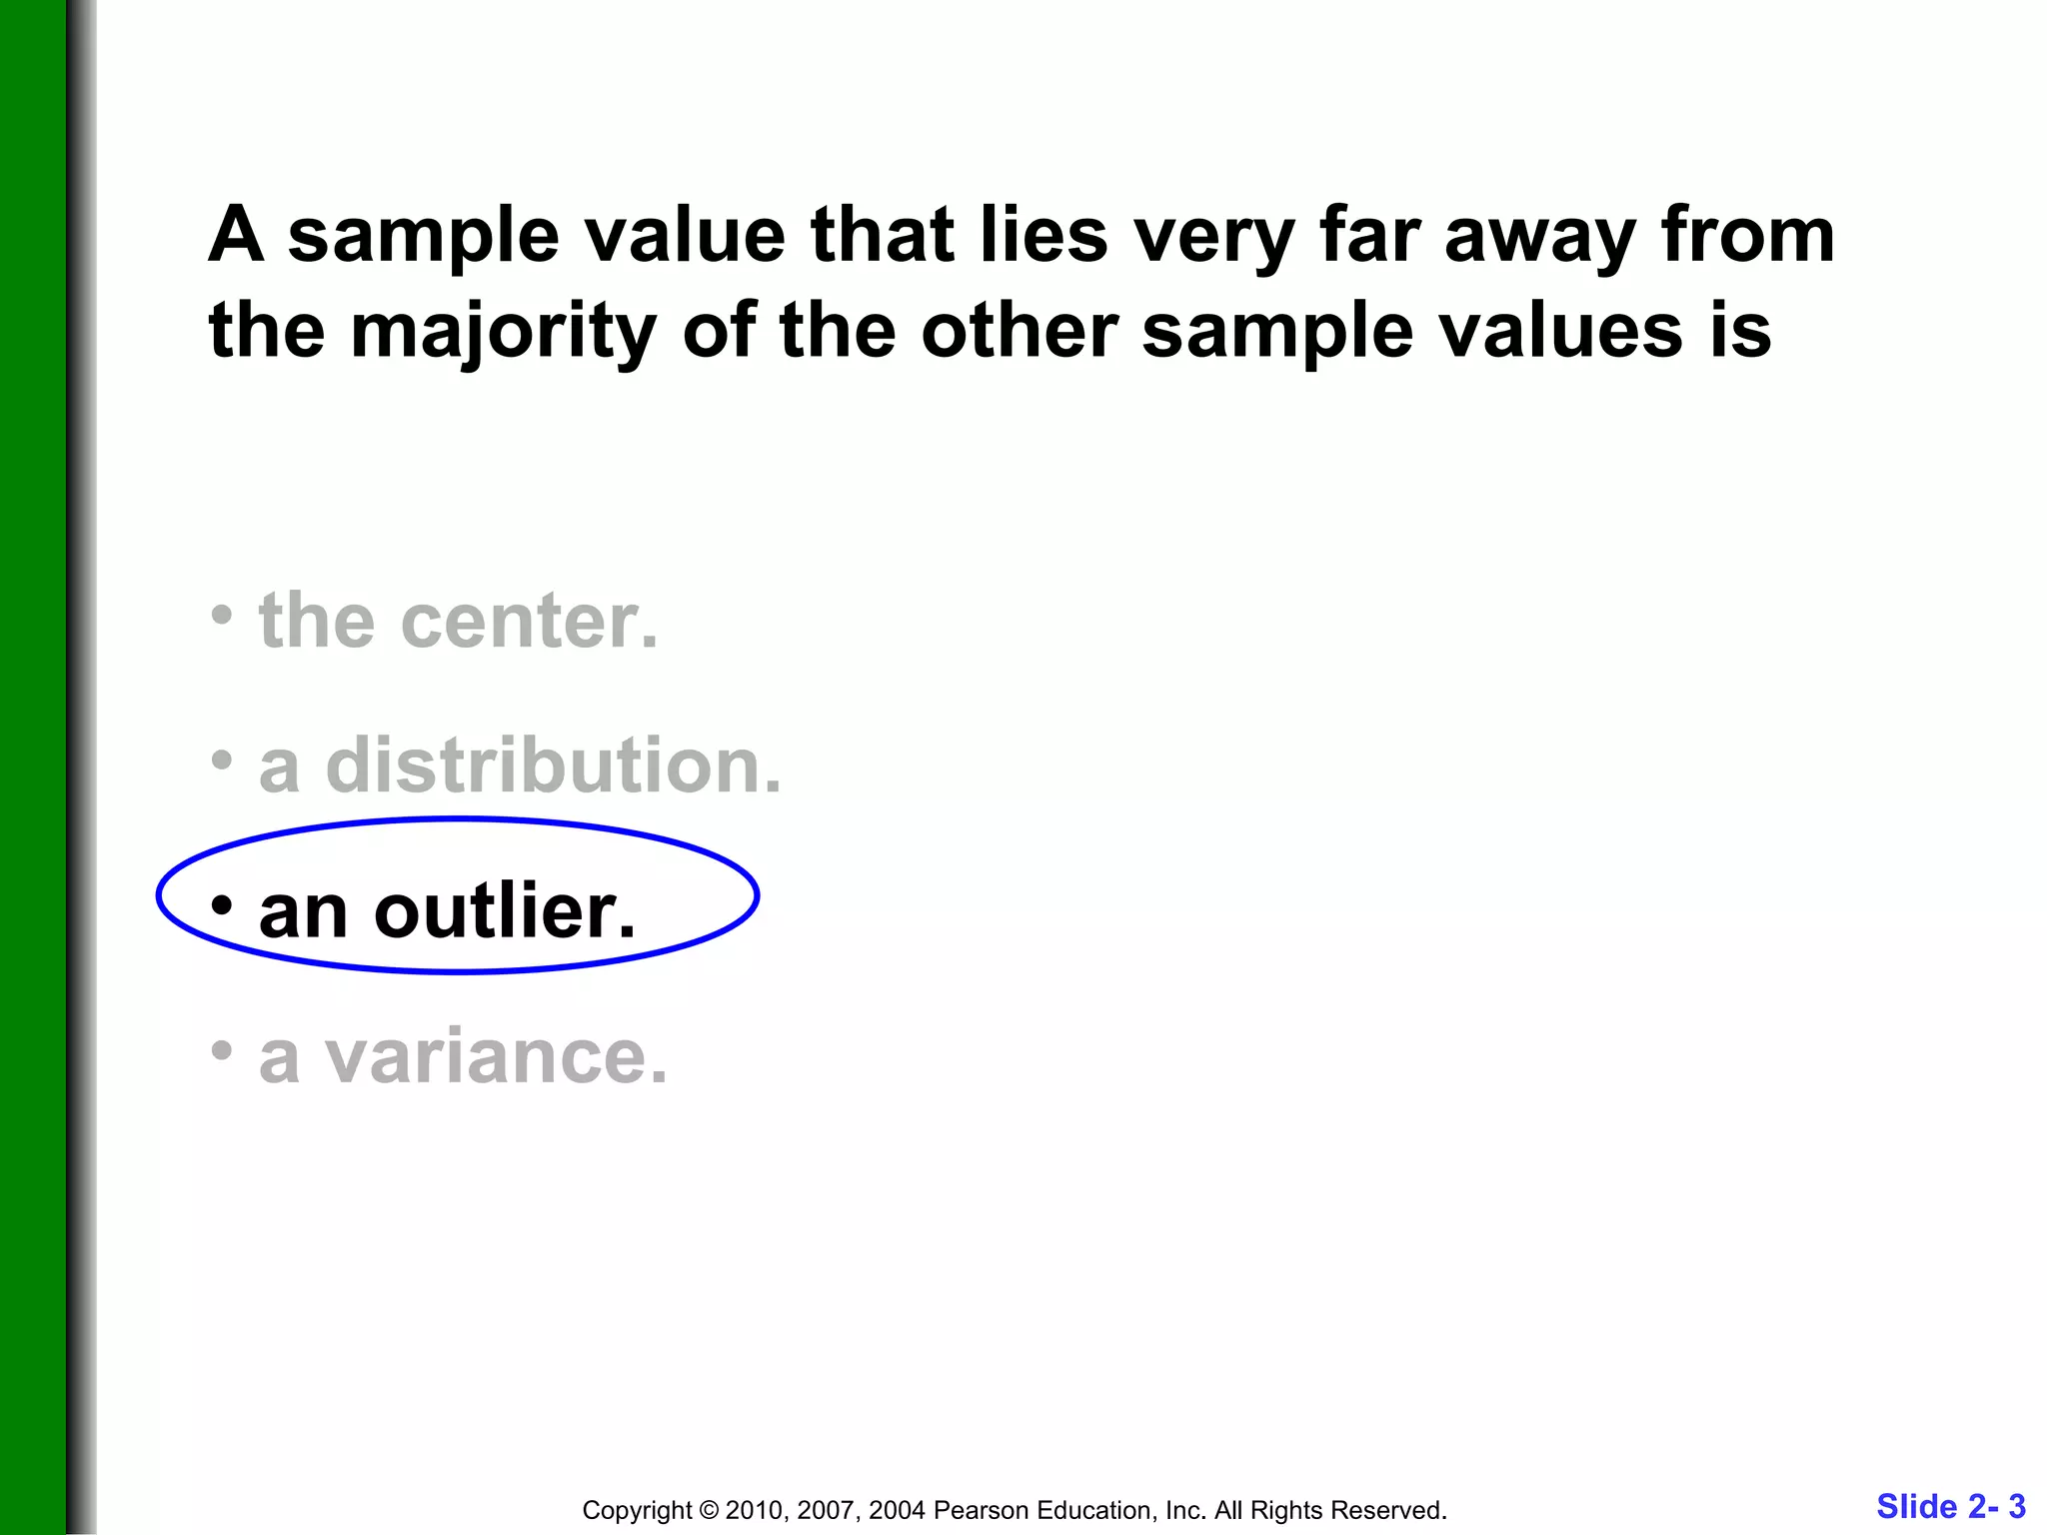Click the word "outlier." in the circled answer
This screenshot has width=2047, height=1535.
(x=505, y=911)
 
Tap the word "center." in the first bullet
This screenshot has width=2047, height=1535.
(x=529, y=622)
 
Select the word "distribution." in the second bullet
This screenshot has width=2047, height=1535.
(x=554, y=767)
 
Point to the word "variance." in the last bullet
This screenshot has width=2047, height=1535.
(x=496, y=1056)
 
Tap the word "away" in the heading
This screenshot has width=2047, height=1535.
(x=1540, y=237)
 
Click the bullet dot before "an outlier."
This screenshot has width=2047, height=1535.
(x=222, y=904)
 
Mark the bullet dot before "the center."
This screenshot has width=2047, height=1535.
(x=222, y=615)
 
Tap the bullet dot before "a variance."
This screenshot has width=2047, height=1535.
(x=222, y=1049)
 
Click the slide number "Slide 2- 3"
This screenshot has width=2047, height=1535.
(x=1950, y=1506)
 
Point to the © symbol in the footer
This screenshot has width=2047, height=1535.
(x=709, y=1510)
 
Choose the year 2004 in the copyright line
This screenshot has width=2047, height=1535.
(x=897, y=1510)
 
